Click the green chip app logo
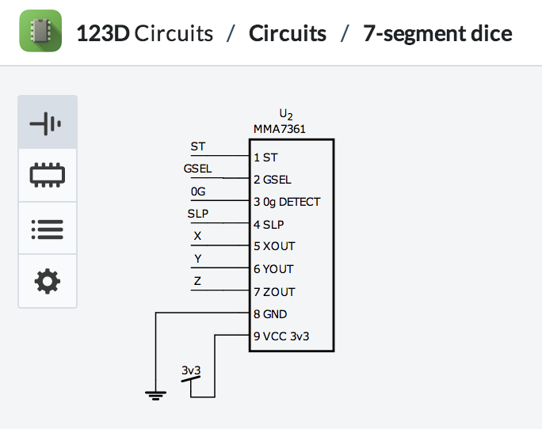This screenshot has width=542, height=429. click(40, 32)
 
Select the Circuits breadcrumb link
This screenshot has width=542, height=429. click(287, 33)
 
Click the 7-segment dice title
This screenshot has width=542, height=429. click(437, 33)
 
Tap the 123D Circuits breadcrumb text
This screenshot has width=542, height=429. click(144, 33)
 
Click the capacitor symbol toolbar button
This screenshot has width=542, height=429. click(48, 123)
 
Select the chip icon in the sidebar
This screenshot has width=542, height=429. click(48, 175)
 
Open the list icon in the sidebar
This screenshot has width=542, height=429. click(48, 228)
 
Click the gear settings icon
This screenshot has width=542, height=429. click(48, 280)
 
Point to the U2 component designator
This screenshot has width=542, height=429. click(286, 116)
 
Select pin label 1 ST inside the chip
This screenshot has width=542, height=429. click(265, 158)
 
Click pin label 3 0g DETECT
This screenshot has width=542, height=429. click(287, 202)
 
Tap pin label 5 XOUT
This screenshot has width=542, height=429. click(274, 246)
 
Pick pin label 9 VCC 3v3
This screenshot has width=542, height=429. click(281, 336)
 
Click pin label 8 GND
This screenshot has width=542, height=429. click(270, 314)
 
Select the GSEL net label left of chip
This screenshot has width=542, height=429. click(197, 169)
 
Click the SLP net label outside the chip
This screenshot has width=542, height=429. click(197, 214)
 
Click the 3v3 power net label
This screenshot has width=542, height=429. click(191, 370)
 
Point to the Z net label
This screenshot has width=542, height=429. click(197, 281)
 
